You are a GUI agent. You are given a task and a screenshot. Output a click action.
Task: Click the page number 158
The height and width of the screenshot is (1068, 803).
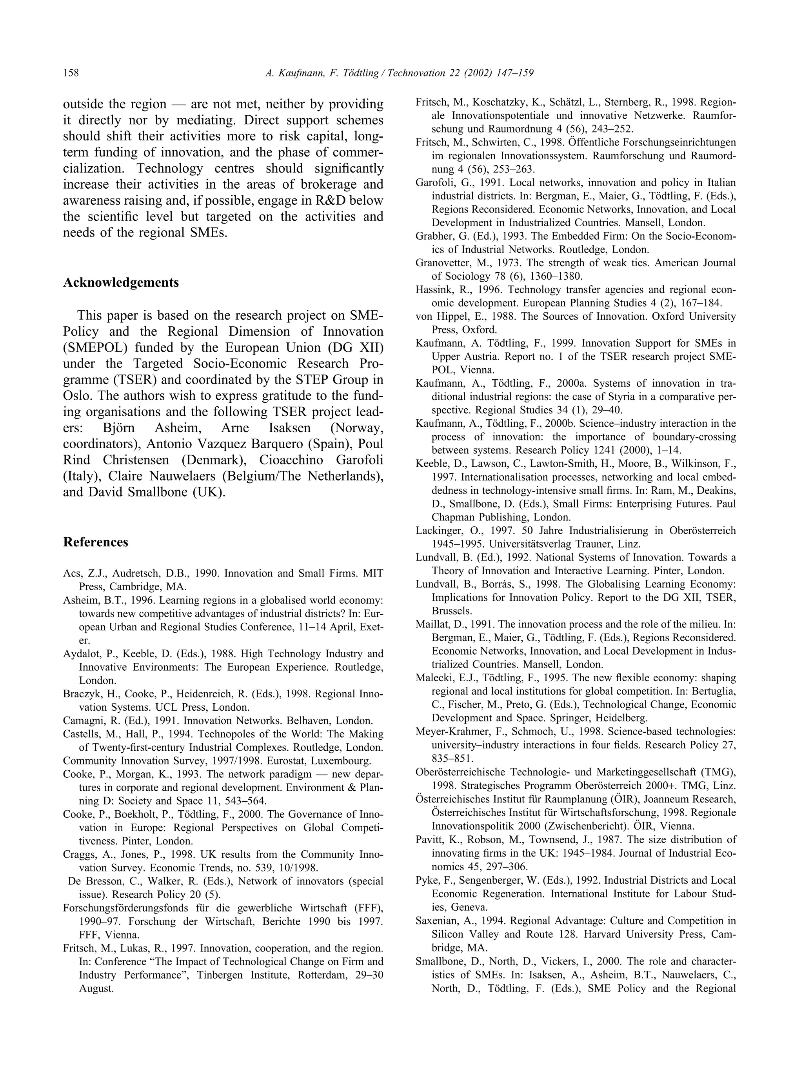point(71,73)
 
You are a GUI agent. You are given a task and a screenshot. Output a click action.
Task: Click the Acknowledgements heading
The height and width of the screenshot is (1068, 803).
point(121,282)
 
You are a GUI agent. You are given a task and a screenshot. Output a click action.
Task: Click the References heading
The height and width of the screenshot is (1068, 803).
point(96,542)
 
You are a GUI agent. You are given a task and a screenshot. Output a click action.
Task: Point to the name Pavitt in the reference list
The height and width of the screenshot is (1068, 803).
point(428,840)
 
